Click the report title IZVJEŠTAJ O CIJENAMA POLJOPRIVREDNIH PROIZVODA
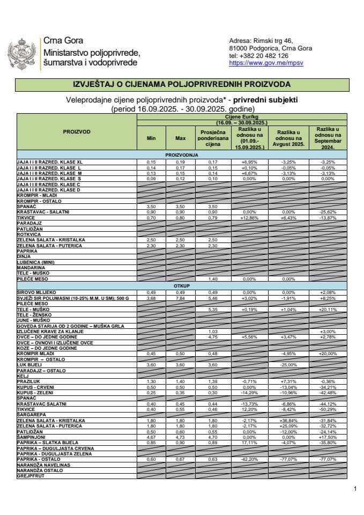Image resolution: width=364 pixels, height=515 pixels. (x=182, y=85)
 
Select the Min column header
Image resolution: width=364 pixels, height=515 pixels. (x=151, y=138)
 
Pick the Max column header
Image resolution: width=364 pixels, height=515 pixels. (x=180, y=138)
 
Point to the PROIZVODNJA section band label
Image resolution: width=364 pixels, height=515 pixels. (x=182, y=154)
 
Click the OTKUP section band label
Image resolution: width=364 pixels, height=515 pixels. (x=182, y=286)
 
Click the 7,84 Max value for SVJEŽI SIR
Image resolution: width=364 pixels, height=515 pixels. (x=180, y=297)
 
